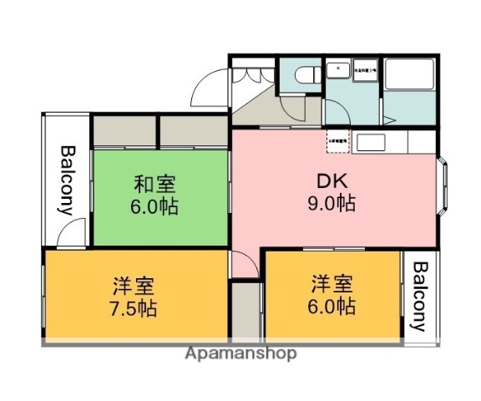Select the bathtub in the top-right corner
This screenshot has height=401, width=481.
coord(409,76)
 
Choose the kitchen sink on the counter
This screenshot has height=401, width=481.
coord(369,142)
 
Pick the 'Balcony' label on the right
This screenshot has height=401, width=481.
coord(420,296)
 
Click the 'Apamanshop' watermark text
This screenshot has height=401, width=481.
coord(241,353)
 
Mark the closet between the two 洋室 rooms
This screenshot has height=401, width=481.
coord(246,309)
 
